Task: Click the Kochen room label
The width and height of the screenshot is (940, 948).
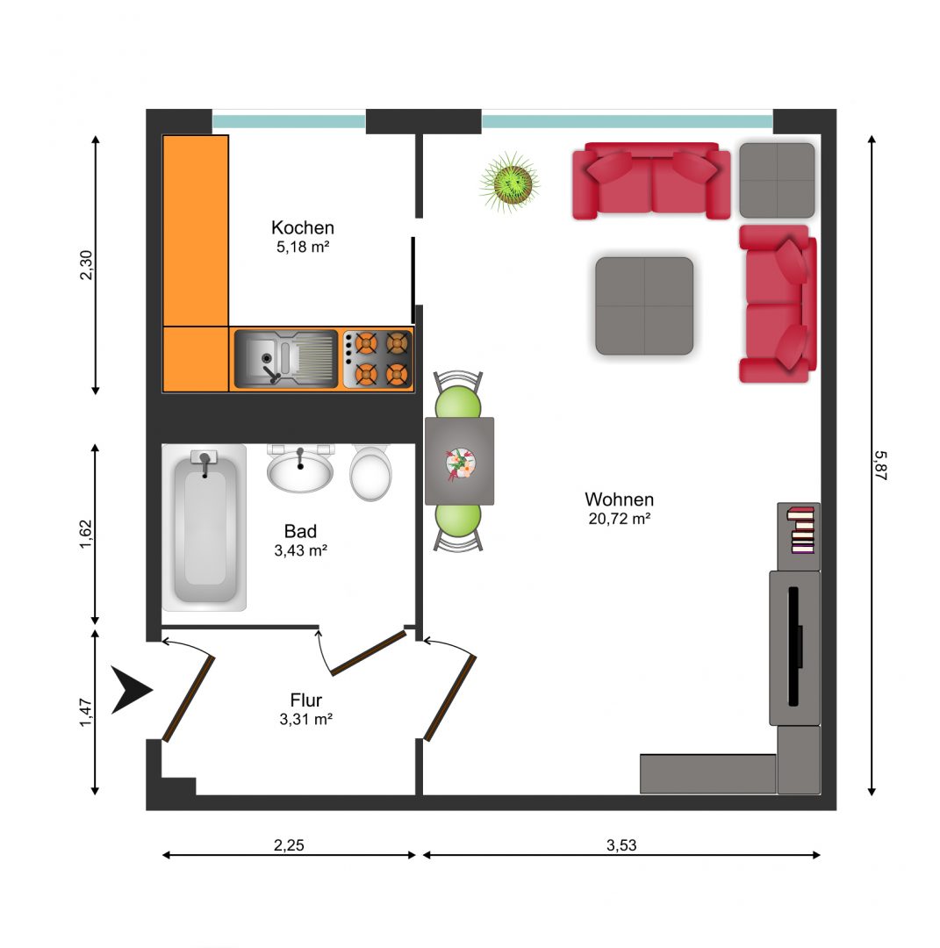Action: click(302, 228)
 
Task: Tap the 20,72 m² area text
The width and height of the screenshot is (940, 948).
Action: click(620, 519)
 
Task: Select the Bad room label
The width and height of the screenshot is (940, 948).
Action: click(300, 531)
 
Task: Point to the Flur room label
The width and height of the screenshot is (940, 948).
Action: click(306, 700)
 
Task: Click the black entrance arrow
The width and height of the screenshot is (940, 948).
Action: click(131, 690)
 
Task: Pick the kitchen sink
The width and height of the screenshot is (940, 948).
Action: click(286, 359)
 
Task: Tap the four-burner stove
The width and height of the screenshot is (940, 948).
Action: click(377, 359)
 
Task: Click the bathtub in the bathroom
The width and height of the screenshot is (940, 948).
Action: click(205, 528)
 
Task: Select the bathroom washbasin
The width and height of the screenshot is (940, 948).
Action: click(300, 469)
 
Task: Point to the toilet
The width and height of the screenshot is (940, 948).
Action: click(370, 473)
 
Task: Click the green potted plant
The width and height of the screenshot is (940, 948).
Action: click(510, 182)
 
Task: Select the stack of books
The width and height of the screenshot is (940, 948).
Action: click(800, 530)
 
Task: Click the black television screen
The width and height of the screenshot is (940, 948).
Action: click(794, 646)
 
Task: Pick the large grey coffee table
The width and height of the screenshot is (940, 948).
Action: click(644, 306)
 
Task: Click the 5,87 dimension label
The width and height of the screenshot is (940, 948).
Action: click(880, 465)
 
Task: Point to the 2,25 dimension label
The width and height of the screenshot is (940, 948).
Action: click(289, 845)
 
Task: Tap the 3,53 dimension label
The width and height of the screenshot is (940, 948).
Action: click(621, 845)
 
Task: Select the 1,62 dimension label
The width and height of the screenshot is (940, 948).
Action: click(86, 535)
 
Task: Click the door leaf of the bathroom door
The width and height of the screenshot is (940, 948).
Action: click(368, 653)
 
